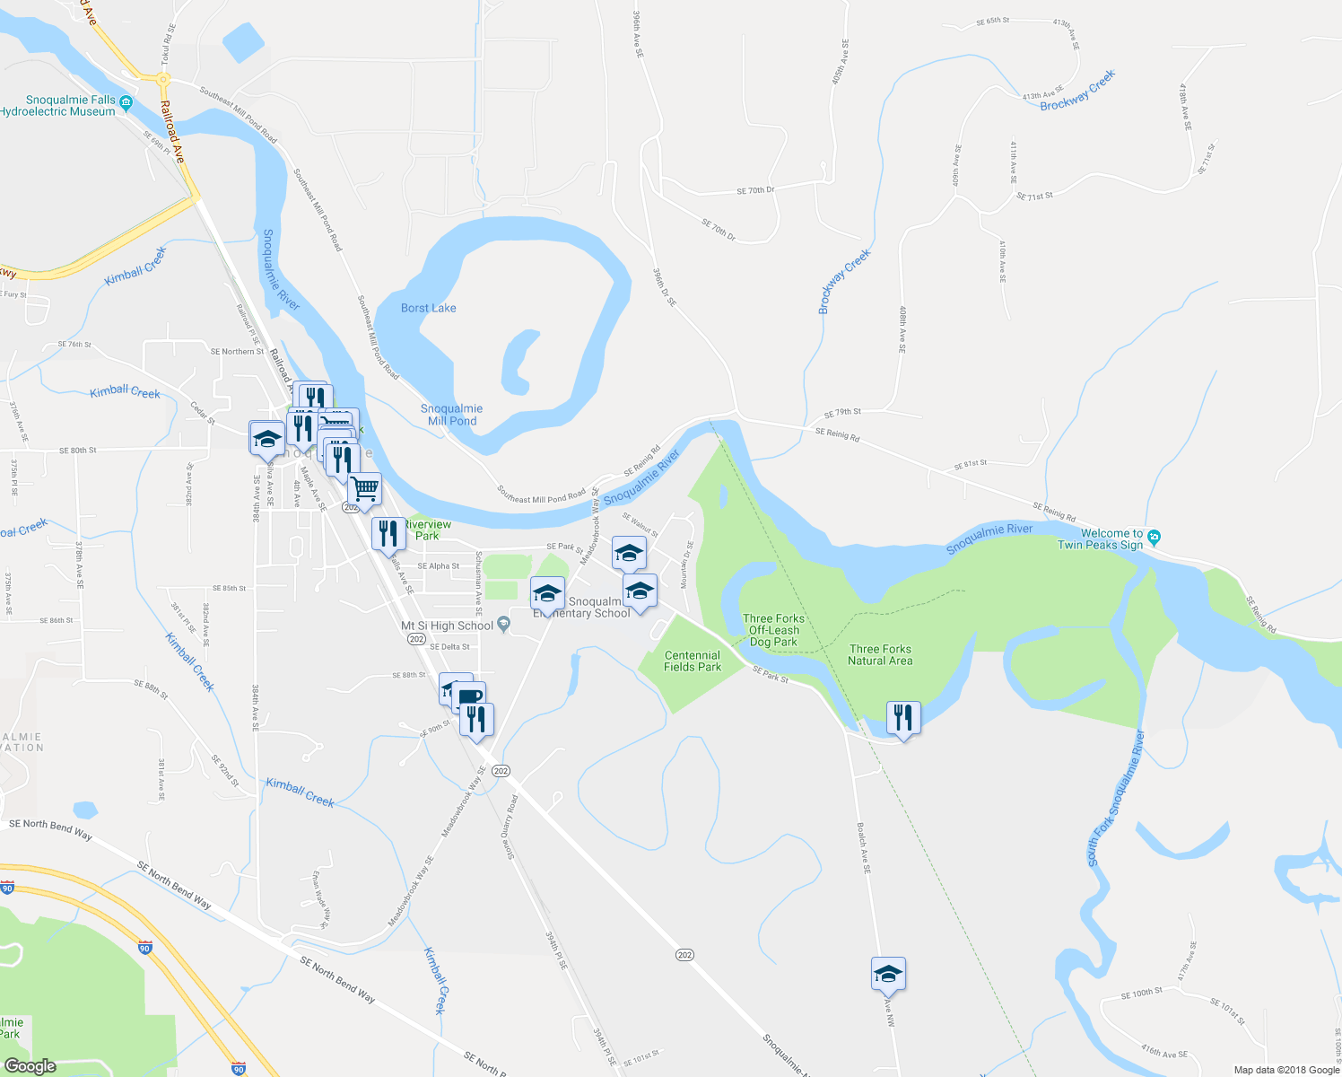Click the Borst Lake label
pos(428,308)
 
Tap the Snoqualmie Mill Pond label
pos(451,415)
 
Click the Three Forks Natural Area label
pos(880,655)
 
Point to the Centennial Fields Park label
pos(693,661)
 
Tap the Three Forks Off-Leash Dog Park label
pos(773,630)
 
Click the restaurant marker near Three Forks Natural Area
pos(902,717)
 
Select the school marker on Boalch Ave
pos(888,973)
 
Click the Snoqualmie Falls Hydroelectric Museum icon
pos(126,102)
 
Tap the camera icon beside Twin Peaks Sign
pos(1155,538)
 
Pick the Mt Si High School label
pos(447,626)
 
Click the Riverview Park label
pos(428,530)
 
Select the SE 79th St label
pos(842,413)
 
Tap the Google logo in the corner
pos(30,1066)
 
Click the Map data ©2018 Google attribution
pos(1285,1070)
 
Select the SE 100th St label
pos(1141,993)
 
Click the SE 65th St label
pos(992,20)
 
